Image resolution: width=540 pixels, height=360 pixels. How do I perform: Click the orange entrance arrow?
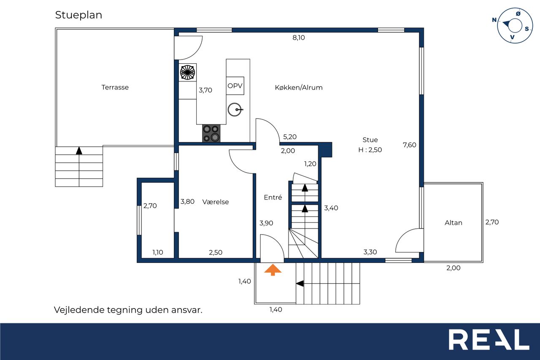coord(273,270)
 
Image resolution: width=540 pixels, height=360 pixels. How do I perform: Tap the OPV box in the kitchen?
coord(235,86)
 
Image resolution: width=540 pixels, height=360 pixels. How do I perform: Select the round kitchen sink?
coord(235,109)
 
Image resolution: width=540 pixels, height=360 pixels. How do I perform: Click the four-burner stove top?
coord(211,133)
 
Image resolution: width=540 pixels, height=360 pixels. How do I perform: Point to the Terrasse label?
coord(115,87)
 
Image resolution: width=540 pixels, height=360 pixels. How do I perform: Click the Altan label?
coord(454,222)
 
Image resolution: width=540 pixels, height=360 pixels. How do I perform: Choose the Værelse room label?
coord(216,202)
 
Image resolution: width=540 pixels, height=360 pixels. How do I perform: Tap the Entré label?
coord(273,197)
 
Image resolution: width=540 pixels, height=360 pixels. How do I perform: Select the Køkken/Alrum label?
coord(299,87)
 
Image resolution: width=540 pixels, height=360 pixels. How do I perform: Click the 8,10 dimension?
coord(299,38)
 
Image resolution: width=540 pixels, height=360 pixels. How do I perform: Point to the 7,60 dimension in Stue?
coord(410,145)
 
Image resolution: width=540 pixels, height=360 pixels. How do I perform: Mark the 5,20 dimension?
coord(290,137)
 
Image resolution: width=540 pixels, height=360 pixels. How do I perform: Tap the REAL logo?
coord(489,339)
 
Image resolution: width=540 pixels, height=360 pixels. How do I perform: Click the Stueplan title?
coord(78,15)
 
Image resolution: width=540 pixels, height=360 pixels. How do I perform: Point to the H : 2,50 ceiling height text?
coord(370,150)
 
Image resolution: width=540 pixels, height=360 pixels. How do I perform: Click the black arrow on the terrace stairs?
coord(79,151)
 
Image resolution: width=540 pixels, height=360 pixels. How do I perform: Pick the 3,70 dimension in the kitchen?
coord(205,90)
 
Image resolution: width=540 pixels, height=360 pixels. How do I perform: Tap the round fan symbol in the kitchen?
coord(188,72)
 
